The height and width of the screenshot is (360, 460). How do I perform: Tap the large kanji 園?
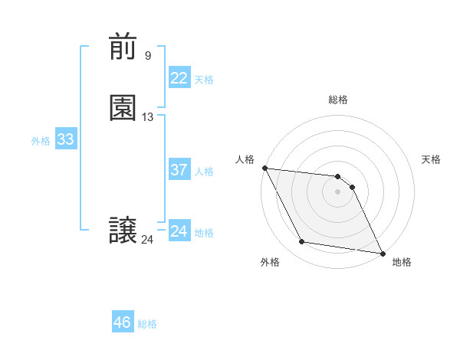[123, 109]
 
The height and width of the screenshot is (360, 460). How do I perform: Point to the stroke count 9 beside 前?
[148, 55]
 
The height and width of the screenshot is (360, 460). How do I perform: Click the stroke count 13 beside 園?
[148, 117]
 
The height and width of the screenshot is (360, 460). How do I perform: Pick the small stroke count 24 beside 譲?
[147, 240]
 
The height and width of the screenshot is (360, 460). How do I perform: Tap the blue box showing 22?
[179, 78]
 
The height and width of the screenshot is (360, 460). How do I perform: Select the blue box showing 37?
[179, 170]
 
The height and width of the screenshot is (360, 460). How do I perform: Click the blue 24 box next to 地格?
[179, 231]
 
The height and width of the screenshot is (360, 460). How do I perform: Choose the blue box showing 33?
[65, 139]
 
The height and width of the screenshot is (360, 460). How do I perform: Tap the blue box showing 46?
[122, 322]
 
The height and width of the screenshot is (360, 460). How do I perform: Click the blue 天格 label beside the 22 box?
[204, 80]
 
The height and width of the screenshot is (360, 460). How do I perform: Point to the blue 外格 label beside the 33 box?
[41, 141]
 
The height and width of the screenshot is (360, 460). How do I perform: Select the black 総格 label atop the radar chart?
[338, 100]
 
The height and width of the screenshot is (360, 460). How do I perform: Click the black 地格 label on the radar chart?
[402, 263]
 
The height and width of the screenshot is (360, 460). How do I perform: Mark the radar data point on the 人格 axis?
[264, 168]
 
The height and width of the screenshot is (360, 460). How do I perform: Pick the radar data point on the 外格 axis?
[302, 242]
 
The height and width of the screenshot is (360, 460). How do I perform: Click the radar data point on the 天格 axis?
[353, 186]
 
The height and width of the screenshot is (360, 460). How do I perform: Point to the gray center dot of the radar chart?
[338, 191]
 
